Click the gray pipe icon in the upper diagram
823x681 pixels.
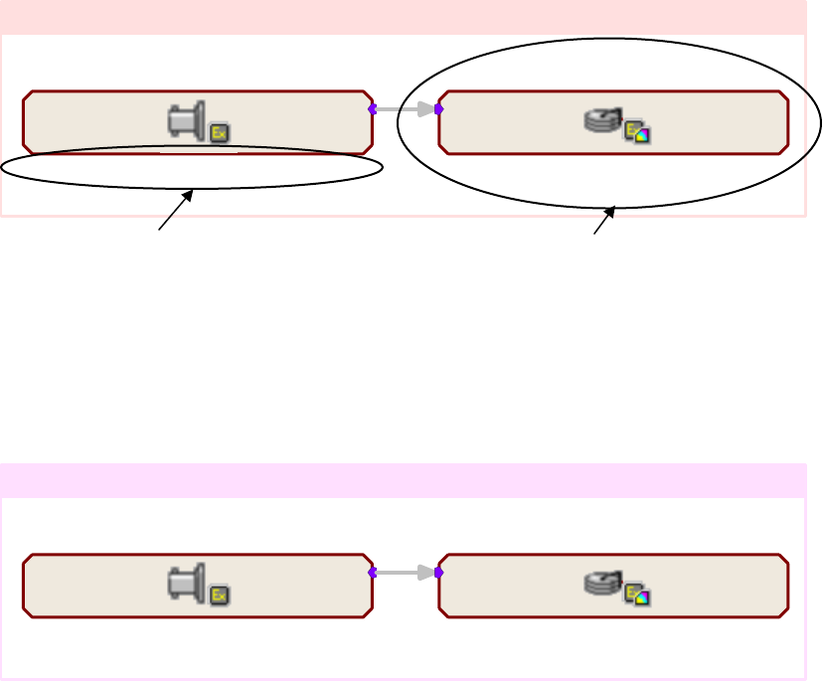(x=187, y=120)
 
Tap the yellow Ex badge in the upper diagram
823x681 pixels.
(x=219, y=131)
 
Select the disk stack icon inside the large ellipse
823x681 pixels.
(x=601, y=120)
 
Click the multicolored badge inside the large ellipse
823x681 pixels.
(x=636, y=132)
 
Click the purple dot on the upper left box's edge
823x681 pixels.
(x=372, y=109)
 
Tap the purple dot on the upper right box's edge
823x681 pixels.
(x=439, y=109)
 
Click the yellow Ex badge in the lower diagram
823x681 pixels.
(x=219, y=596)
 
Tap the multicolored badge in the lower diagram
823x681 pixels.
(x=636, y=596)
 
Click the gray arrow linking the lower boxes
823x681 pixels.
(x=406, y=573)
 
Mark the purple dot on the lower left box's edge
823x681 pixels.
(x=372, y=573)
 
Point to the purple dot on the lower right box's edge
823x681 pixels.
(x=439, y=573)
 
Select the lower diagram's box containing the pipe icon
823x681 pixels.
(x=99, y=587)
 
